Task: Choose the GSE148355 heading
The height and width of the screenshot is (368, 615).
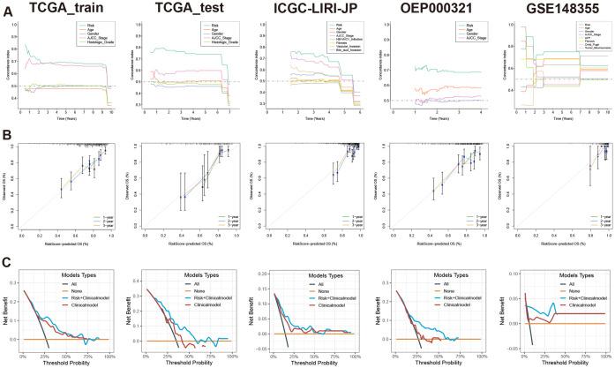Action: (552, 8)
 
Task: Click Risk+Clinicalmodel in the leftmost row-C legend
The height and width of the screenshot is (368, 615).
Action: (91, 290)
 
